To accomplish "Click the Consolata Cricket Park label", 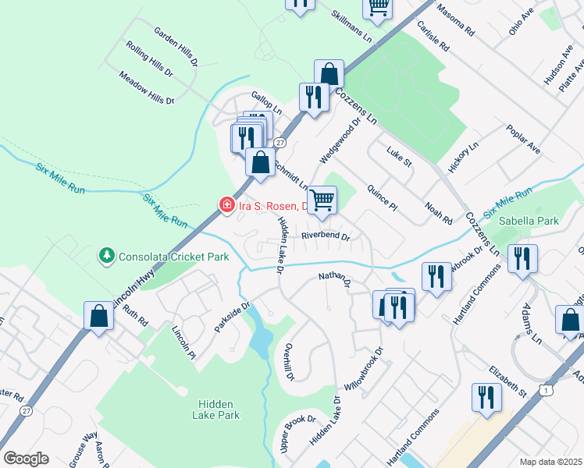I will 174,256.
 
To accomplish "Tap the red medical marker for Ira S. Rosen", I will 226,205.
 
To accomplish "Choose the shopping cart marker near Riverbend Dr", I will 322,200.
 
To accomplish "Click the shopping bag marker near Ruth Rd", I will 98,317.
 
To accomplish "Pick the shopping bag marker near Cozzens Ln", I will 329,75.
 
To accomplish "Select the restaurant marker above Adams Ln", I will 522,259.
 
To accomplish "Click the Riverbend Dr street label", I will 326,235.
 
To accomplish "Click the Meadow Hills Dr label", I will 146,88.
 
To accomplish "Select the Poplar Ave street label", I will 523,139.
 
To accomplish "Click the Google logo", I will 26,458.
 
